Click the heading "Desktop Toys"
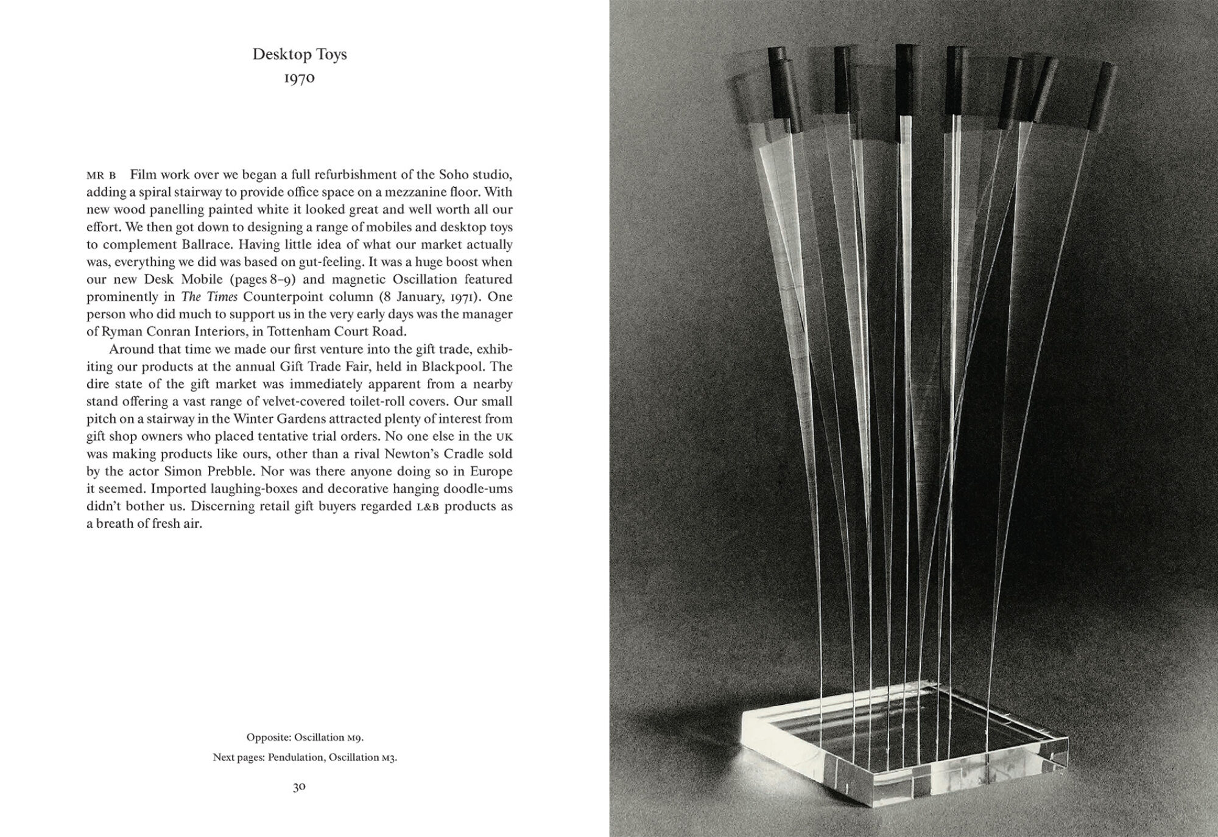(x=300, y=54)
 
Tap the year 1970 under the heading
(x=300, y=79)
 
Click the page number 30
(x=299, y=786)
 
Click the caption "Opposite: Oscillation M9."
(x=305, y=738)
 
